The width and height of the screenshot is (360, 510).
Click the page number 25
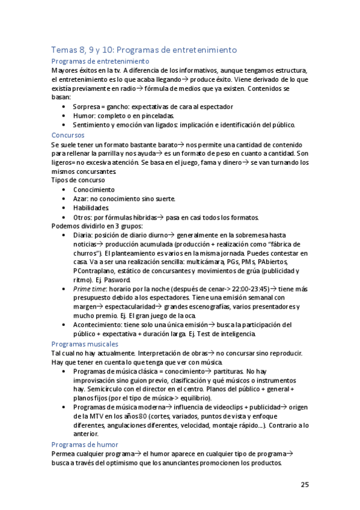(305, 485)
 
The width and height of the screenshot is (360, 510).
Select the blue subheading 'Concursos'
(68, 135)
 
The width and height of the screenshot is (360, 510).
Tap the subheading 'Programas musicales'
(85, 343)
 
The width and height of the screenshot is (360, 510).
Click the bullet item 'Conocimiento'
(97, 189)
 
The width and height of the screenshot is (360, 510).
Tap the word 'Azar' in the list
(80, 198)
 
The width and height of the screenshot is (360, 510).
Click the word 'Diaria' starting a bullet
(83, 235)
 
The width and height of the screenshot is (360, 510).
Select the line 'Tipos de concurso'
(78, 180)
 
